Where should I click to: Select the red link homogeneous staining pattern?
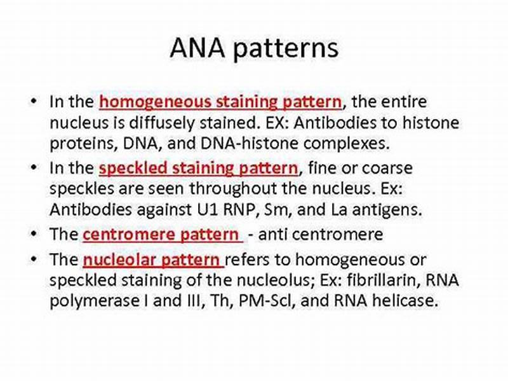[x=220, y=101]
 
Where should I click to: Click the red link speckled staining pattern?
[x=198, y=168]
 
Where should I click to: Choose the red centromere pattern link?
[x=163, y=234]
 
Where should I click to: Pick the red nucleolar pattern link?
[x=152, y=260]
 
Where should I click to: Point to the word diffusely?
[x=204, y=122]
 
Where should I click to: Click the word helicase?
[x=408, y=301]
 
